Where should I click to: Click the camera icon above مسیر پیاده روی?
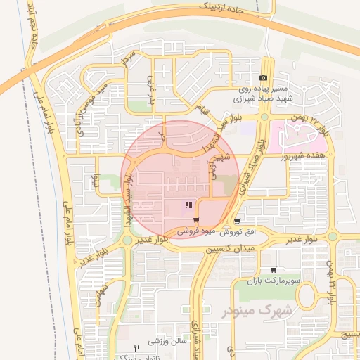[x=263, y=77]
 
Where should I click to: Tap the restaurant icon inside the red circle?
[x=188, y=205]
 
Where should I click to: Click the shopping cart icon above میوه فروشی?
[x=195, y=220]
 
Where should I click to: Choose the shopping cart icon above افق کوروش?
[x=238, y=220]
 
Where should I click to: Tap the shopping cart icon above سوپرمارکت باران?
[x=273, y=270]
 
